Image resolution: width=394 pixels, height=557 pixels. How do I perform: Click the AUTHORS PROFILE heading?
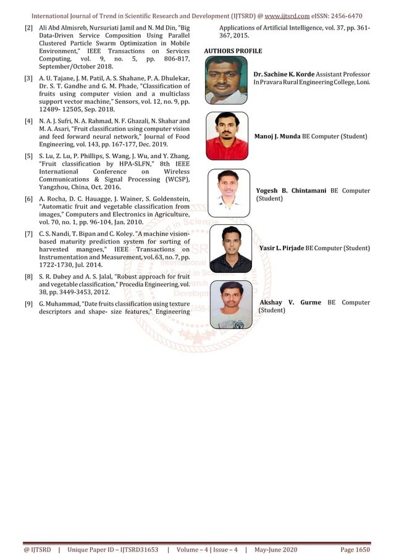232,51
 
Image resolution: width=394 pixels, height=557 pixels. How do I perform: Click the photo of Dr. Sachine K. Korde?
226,80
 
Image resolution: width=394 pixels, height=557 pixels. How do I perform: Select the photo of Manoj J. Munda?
227,136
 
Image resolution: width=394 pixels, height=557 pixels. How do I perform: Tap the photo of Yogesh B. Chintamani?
228,192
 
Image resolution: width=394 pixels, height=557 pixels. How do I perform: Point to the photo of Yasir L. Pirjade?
230,249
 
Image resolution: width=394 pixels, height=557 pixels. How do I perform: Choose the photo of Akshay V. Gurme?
231,304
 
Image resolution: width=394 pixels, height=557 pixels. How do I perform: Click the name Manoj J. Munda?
277,136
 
